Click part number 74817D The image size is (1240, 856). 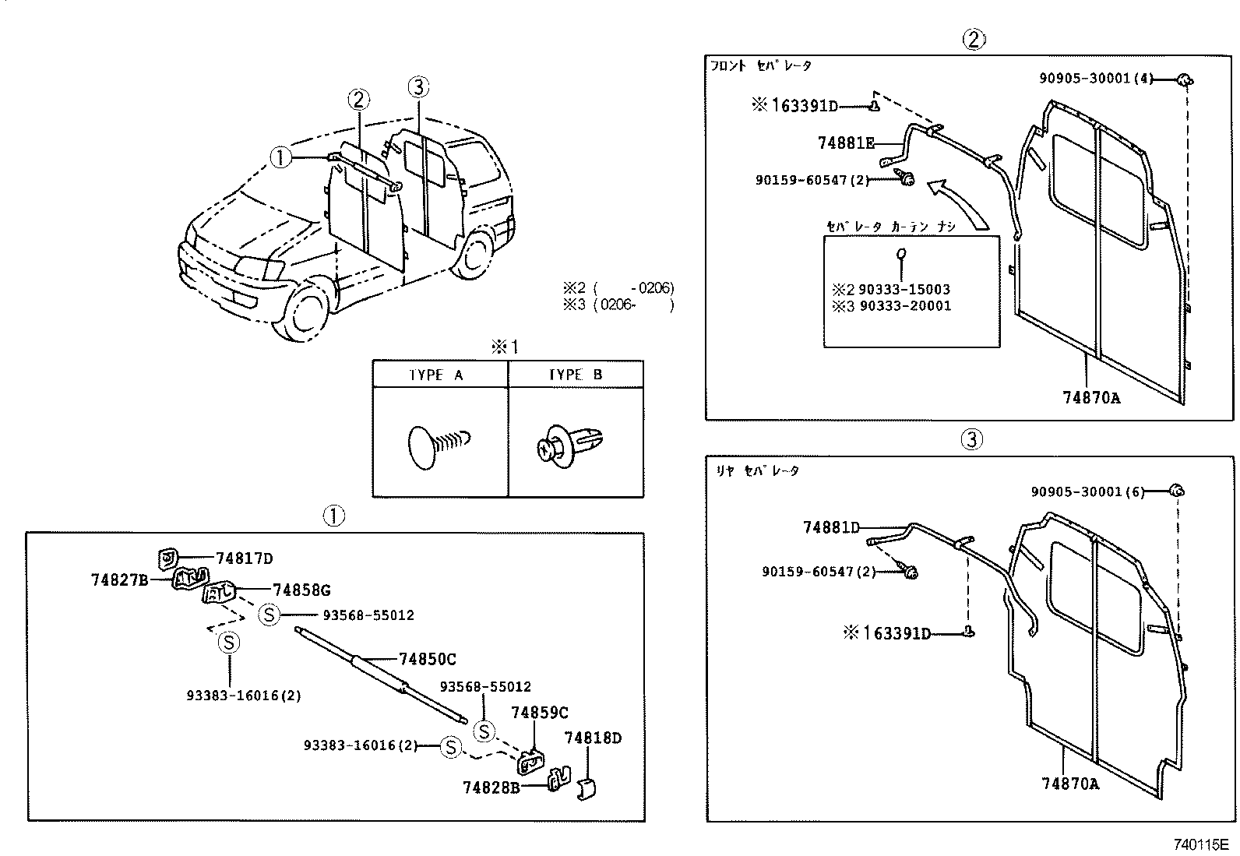click(244, 558)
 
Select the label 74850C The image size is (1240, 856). click(427, 659)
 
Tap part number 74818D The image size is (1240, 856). click(593, 737)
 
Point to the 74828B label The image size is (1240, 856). click(491, 787)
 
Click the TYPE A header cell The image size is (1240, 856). click(436, 375)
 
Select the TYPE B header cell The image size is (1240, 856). click(575, 375)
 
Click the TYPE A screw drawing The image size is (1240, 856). click(436, 446)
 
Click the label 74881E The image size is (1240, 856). click(846, 143)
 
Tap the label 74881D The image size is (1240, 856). click(831, 527)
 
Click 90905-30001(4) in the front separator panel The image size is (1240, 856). click(1095, 78)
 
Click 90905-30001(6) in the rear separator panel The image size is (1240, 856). click(1087, 491)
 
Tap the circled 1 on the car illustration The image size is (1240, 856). click(280, 158)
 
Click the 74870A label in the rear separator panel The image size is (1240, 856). click(1069, 784)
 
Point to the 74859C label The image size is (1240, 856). click(539, 713)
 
